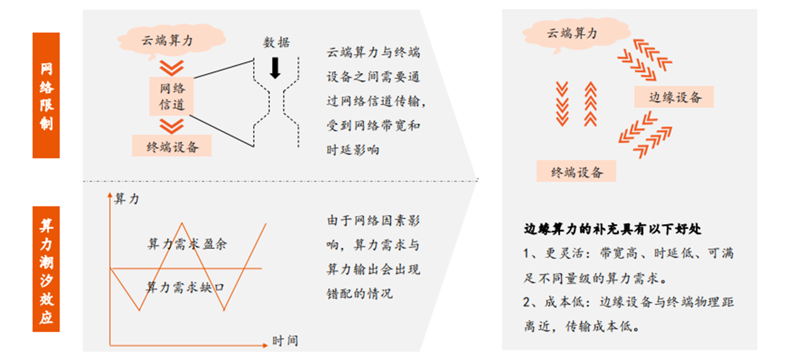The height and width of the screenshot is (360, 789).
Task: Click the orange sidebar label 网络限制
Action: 46,95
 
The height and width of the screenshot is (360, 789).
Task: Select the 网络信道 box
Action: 172,97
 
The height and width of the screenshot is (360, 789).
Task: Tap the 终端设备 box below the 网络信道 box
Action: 172,146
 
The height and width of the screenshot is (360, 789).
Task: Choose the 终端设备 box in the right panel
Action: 576,172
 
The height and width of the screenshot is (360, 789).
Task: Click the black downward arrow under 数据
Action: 276,68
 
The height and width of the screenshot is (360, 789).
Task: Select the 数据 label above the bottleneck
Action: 276,42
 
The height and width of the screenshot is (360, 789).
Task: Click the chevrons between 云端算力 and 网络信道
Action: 172,67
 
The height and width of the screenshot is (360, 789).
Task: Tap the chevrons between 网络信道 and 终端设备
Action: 172,126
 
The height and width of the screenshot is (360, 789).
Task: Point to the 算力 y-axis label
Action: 126,199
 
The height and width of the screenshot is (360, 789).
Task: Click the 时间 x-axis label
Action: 285,341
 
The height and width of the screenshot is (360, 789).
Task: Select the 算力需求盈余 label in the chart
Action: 186,244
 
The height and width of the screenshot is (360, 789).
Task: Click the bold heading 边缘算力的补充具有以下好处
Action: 612,229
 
